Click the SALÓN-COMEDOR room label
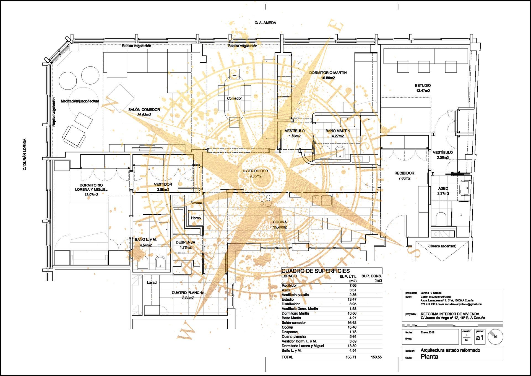144,110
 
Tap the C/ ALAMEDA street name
265,23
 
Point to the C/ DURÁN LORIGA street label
25,154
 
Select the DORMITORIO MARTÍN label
328,73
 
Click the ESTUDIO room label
423,86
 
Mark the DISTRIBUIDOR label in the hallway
255,171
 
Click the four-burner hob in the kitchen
265,200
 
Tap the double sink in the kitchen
322,201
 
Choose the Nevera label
196,203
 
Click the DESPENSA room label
185,242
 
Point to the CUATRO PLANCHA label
188,293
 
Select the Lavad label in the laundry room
152,283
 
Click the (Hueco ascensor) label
442,246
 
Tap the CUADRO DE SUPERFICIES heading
316,271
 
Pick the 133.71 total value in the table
351,357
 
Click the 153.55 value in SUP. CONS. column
376,357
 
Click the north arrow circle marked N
495,337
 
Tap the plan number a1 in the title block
480,338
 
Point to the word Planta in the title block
429,357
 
